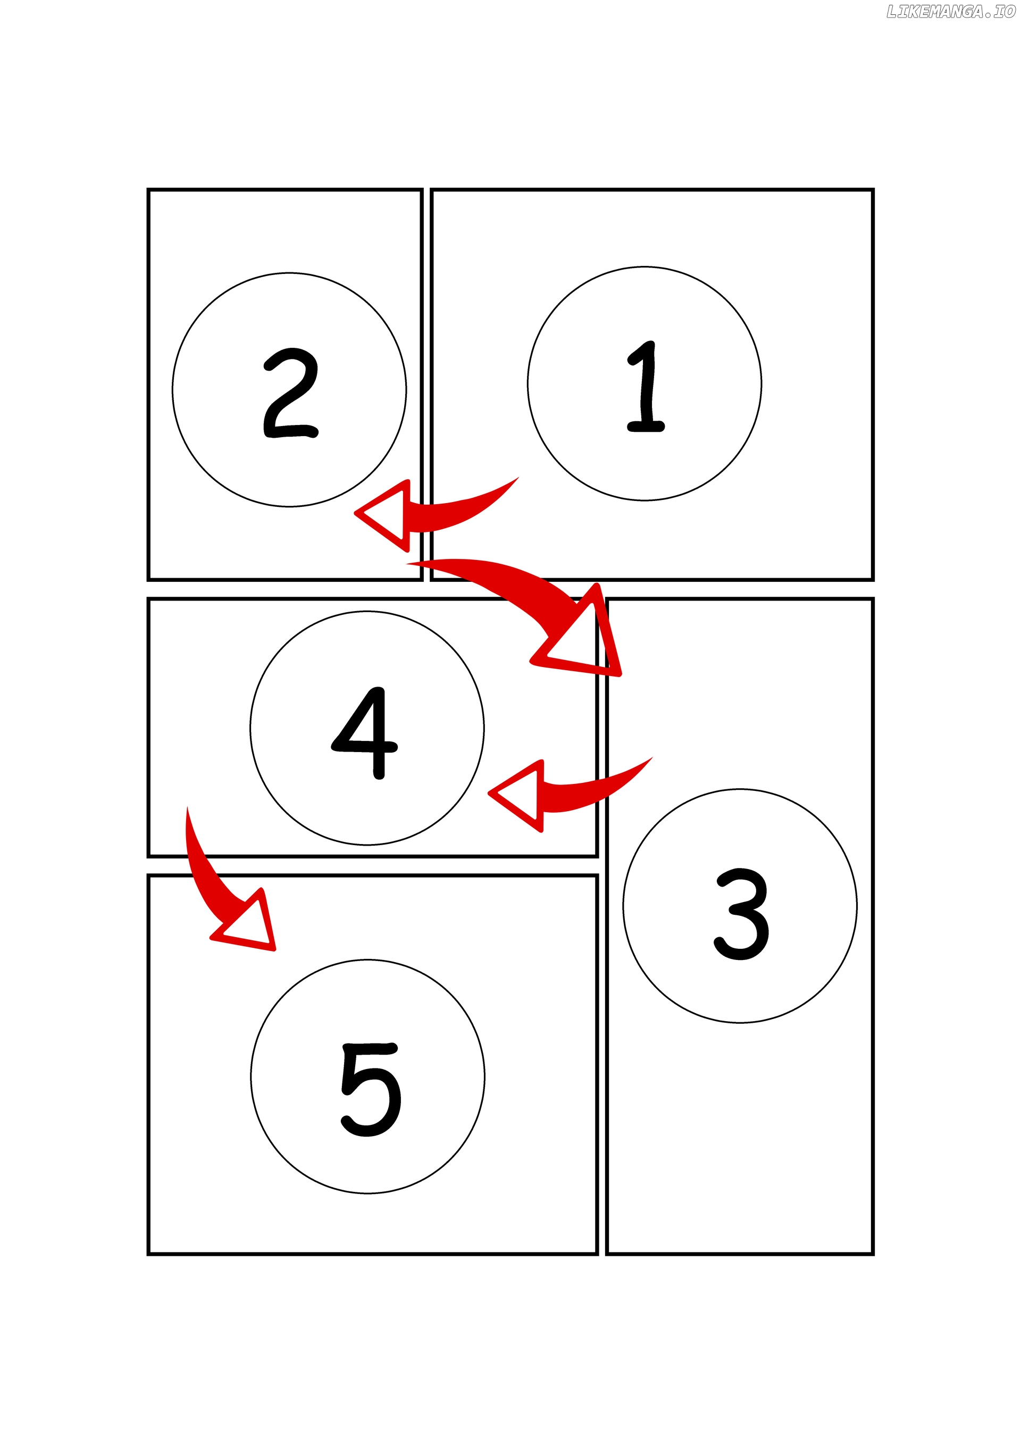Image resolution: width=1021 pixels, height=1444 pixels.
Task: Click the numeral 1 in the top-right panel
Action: coord(646,386)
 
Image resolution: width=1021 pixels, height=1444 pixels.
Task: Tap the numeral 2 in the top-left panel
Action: coord(290,393)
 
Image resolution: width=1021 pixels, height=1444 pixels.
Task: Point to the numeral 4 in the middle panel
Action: coord(365,733)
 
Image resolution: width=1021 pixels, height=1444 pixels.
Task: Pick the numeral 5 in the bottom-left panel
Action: coord(371,1089)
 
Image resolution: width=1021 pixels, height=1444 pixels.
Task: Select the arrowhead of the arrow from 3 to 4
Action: coord(517,796)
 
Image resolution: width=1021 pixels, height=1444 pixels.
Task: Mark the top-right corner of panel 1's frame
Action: coord(873,189)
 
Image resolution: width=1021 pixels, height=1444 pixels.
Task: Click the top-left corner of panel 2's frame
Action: coord(148,189)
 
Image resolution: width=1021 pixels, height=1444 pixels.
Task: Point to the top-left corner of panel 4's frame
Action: coord(148,599)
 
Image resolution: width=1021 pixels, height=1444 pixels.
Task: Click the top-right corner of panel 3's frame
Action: coord(873,599)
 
